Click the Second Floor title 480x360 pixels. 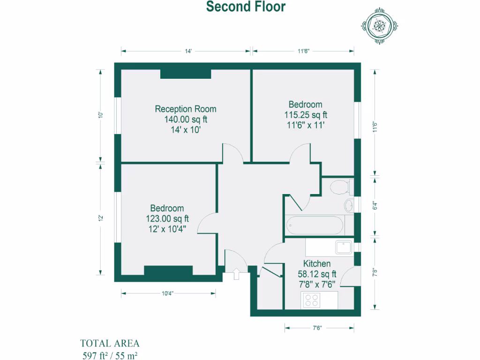[246, 7]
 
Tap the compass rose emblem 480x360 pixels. [379, 26]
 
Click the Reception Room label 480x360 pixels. [186, 109]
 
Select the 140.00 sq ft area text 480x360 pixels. [186, 120]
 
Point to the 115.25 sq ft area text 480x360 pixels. [305, 115]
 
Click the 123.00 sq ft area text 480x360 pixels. [167, 218]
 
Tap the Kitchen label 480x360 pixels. [317, 264]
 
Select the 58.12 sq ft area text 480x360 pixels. [317, 274]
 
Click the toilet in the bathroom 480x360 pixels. [341, 187]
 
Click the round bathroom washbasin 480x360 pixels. [349, 205]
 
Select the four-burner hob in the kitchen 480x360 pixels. [311, 300]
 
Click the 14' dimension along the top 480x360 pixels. [188, 52]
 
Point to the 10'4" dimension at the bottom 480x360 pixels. [168, 294]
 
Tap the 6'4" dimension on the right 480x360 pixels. [374, 206]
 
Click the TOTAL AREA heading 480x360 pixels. [110, 343]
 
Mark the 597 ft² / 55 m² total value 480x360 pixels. [110, 355]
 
